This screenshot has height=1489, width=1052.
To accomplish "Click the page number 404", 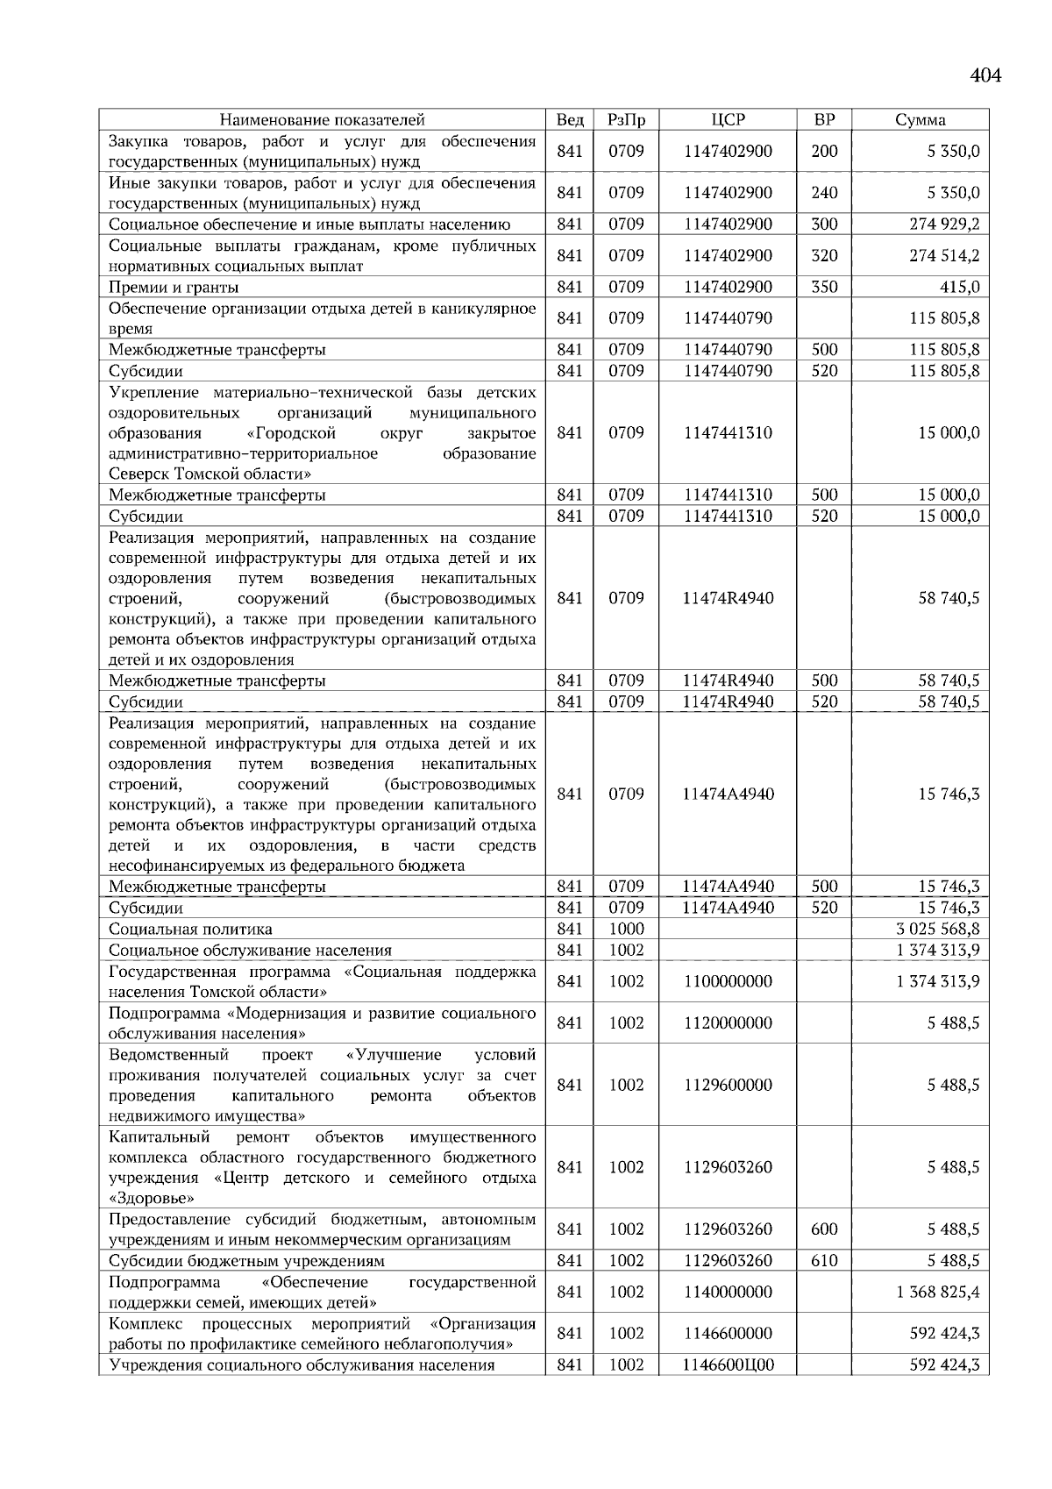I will pos(985,75).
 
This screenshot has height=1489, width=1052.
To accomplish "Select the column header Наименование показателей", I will pos(322,120).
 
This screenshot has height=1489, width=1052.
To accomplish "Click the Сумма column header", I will pos(920,120).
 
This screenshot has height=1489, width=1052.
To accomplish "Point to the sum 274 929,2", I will pos(944,224).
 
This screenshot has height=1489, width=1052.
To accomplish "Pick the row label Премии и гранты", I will pos(174,288).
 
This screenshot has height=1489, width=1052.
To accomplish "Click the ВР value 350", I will pos(824,287).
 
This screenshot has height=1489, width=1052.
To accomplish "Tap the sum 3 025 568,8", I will pos(938,929).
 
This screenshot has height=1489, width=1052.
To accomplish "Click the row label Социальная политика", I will pos(190,930).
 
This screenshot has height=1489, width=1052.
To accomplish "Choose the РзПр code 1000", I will pos(626,929).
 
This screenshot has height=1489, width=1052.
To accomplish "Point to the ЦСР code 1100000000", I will pos(728,981).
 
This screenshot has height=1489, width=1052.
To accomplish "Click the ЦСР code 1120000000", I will pos(728,1023).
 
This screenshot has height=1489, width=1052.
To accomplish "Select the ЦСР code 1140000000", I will pos(728,1292).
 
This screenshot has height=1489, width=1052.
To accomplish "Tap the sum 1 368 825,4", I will pos(938,1292).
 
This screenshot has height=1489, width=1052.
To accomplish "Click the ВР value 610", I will pos(824,1261).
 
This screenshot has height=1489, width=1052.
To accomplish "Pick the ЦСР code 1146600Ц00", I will pos(728,1365).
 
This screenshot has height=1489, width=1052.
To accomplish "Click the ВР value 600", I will pos(824,1229).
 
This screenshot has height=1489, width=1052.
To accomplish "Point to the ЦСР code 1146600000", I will pos(728,1334).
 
